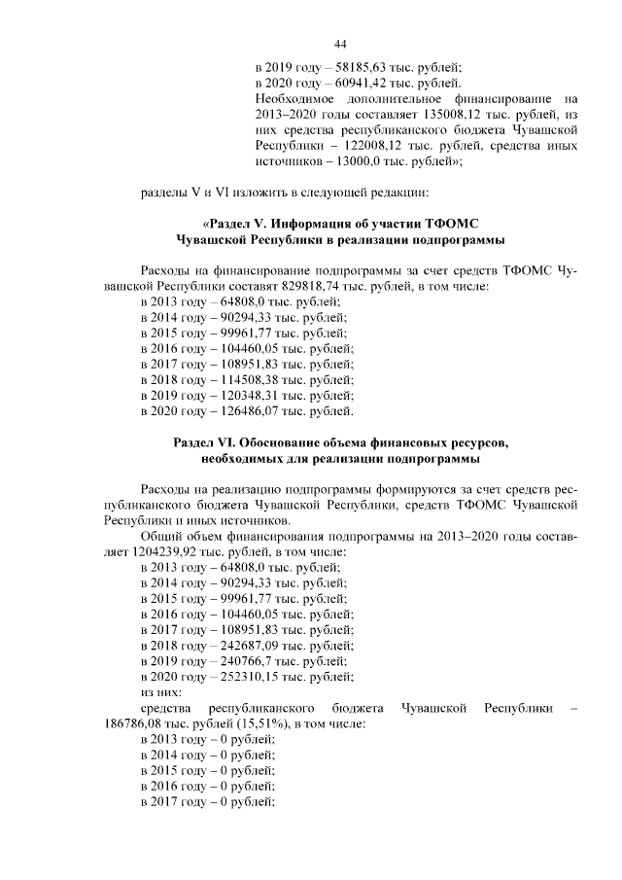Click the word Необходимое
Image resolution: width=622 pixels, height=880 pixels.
(x=295, y=99)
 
